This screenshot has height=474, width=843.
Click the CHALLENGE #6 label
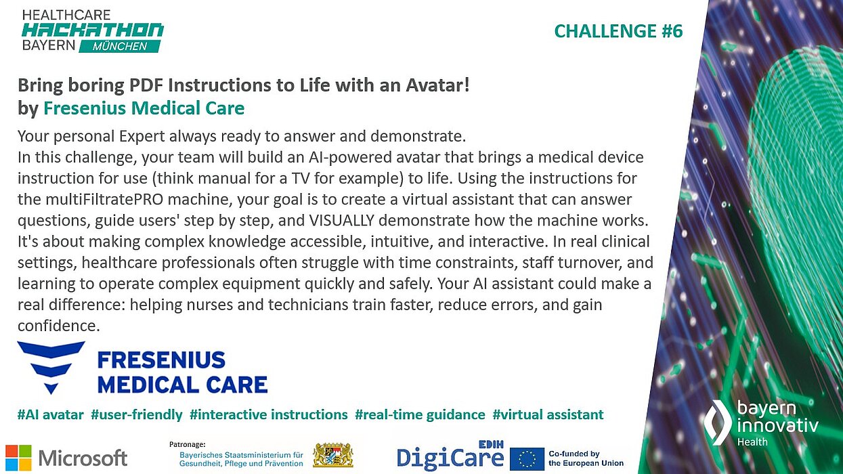tap(618, 31)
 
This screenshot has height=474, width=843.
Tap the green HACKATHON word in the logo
tap(93, 30)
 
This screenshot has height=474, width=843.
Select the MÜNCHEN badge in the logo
tap(120, 47)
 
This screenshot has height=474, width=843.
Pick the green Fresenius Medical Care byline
tap(144, 108)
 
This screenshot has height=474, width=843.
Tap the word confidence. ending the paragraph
tap(58, 326)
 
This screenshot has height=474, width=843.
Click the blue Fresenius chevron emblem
tap(51, 366)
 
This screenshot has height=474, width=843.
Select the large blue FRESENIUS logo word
tap(161, 359)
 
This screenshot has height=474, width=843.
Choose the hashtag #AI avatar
tap(51, 414)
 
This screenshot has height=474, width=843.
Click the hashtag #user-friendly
tap(137, 414)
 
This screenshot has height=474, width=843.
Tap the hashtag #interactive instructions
tap(269, 414)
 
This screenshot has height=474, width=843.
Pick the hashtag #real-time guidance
tap(420, 414)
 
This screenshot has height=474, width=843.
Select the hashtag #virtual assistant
tap(548, 414)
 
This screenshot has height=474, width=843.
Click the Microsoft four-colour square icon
tap(18, 458)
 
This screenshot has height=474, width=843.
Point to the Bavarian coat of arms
tap(332, 456)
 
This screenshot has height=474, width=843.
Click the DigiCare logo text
tap(450, 458)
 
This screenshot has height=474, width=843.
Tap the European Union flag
tap(527, 458)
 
